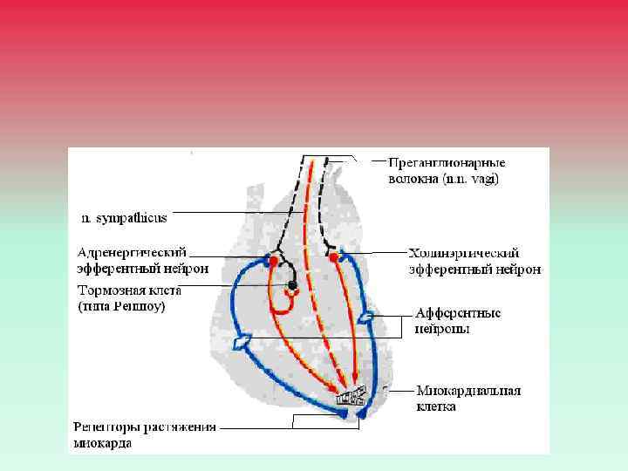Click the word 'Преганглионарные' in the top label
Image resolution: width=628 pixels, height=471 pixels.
click(x=447, y=163)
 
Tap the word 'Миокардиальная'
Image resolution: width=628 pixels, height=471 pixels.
click(x=468, y=391)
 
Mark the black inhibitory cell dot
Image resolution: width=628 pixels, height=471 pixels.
click(x=293, y=285)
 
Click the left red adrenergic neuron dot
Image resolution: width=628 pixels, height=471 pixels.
click(x=274, y=261)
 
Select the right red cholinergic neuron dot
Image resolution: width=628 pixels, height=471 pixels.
click(x=333, y=256)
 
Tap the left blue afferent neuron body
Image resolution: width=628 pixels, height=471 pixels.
click(x=245, y=338)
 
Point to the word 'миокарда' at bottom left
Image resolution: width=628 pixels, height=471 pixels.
click(x=103, y=443)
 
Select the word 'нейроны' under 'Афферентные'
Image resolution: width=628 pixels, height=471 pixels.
click(x=441, y=329)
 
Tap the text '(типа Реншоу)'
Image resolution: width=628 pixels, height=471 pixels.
click(x=122, y=307)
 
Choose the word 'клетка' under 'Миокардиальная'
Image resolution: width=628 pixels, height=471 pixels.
click(x=436, y=406)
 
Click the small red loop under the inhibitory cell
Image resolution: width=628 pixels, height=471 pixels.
click(x=291, y=295)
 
